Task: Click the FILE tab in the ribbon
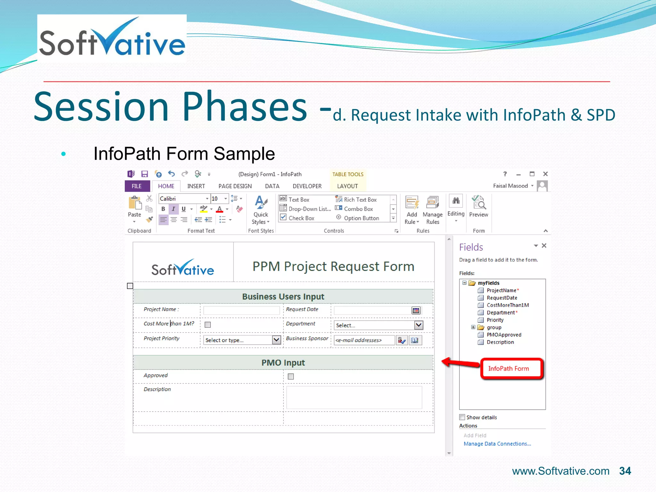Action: pyautogui.click(x=137, y=186)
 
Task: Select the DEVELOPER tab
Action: pyautogui.click(x=307, y=186)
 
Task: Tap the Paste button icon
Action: pyautogui.click(x=135, y=203)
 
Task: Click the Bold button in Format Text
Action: pyautogui.click(x=163, y=209)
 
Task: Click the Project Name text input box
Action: pyautogui.click(x=242, y=310)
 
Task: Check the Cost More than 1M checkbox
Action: pyautogui.click(x=208, y=325)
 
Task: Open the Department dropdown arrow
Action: pyautogui.click(x=419, y=325)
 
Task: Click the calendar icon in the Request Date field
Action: pyautogui.click(x=416, y=310)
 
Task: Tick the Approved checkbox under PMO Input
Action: pyautogui.click(x=291, y=376)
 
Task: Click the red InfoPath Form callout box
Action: pyautogui.click(x=511, y=369)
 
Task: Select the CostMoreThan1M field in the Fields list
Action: pyautogui.click(x=508, y=305)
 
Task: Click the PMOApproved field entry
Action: pyautogui.click(x=504, y=335)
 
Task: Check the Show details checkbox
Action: pyautogui.click(x=462, y=417)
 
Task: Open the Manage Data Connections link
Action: pyautogui.click(x=497, y=444)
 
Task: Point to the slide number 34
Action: pyautogui.click(x=625, y=471)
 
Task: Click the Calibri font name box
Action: pyautogui.click(x=183, y=199)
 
